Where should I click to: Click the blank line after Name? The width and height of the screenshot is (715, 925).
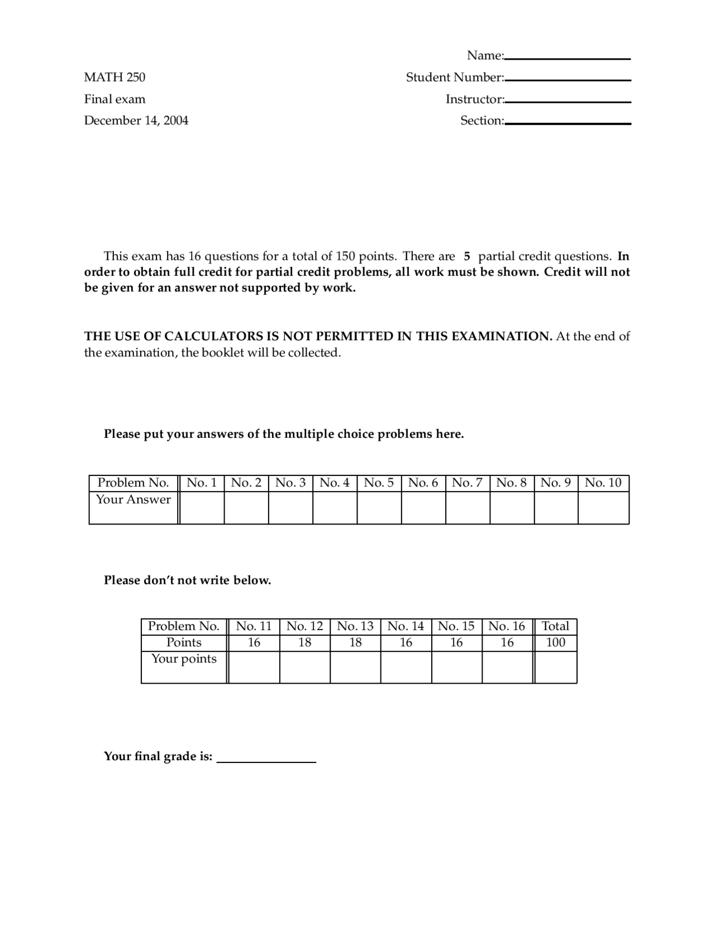567,58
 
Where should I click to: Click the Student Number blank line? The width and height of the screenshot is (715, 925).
568,80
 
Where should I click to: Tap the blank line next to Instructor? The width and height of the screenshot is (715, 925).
568,102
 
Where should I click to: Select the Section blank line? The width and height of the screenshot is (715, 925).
568,123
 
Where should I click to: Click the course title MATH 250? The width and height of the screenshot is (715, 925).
115,77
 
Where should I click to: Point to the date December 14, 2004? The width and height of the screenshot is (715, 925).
136,121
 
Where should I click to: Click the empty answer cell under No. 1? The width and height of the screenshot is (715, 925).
202,507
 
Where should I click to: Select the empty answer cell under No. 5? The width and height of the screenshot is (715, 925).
379,507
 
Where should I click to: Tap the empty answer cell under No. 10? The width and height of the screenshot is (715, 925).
603,507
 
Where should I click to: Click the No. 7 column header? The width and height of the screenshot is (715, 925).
468,483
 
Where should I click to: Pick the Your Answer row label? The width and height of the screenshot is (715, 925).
133,499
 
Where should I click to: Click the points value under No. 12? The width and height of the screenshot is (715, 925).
304,642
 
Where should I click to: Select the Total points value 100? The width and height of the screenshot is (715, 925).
556,642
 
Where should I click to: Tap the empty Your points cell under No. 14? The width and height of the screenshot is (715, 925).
406,667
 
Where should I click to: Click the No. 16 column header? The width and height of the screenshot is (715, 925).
507,626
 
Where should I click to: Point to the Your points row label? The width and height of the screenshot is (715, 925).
184,659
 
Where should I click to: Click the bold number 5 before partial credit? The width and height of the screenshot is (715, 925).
467,256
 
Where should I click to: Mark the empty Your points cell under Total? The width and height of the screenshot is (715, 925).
556,667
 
